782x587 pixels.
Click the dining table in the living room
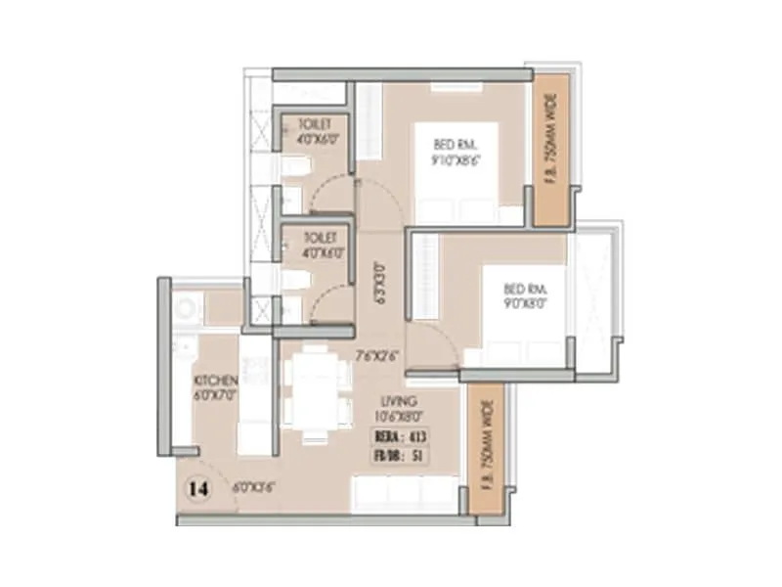[316, 395]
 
